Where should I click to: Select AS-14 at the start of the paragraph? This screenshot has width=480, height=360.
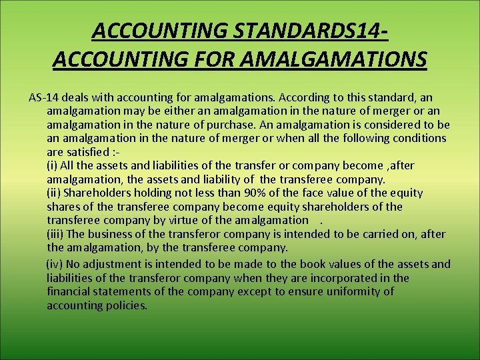43,97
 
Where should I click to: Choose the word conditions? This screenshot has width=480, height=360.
417,138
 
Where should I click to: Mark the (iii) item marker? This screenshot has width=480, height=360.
55,234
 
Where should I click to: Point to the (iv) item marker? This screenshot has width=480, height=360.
55,264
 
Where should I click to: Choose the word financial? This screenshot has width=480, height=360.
71,291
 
